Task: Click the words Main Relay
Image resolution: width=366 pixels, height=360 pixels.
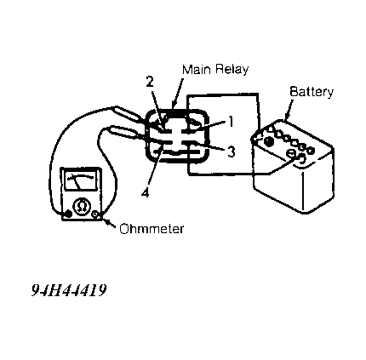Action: (x=215, y=70)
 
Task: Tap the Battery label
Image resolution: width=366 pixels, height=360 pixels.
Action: (x=312, y=92)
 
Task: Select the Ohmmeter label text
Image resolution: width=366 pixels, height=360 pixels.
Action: (x=152, y=229)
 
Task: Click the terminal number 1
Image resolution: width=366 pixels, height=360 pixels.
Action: (x=231, y=122)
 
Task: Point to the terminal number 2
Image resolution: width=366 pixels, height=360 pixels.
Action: (x=150, y=82)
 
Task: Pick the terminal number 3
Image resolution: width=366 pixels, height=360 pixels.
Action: (x=232, y=151)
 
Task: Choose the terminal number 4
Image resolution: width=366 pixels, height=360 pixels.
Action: (x=145, y=192)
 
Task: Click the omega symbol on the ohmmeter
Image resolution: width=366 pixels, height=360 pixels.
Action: (x=82, y=207)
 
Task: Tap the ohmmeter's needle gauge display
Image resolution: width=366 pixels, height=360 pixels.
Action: (x=80, y=180)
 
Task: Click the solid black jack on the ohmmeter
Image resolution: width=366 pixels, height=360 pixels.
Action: (x=68, y=214)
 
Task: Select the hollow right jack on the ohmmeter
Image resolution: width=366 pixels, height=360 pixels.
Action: (x=96, y=214)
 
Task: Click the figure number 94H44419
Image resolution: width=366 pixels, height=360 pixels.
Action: (x=69, y=290)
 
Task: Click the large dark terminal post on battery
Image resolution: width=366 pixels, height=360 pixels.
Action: (x=269, y=141)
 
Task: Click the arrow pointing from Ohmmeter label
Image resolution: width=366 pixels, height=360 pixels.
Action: (x=109, y=223)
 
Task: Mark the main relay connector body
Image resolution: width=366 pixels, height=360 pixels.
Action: (x=177, y=136)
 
